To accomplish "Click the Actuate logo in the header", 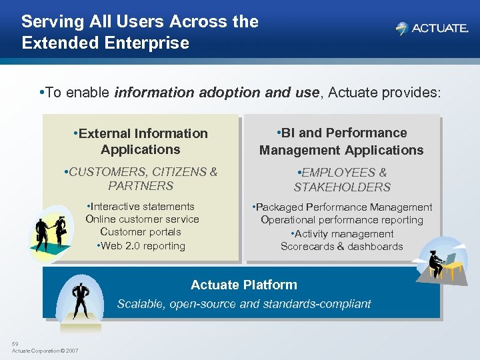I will point(431,29).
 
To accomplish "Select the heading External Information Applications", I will point(141,141).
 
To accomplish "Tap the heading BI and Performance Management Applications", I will point(341,141).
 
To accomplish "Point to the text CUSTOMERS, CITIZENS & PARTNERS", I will point(141,179).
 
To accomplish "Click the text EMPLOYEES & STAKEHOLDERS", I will point(342,180).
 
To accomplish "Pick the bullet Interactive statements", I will point(141,207).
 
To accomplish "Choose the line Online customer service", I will point(142,219).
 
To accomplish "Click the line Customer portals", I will point(141,232).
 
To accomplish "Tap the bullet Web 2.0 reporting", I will point(141,246).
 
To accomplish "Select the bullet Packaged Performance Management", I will point(342,207).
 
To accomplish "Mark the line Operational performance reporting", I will point(342,220).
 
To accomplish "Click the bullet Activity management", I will point(342,234).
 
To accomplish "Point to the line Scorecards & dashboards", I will point(342,247).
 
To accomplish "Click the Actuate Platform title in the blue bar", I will point(244,285).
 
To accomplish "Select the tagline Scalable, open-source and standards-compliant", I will point(244,304).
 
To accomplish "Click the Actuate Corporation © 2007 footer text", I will point(45,351).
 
